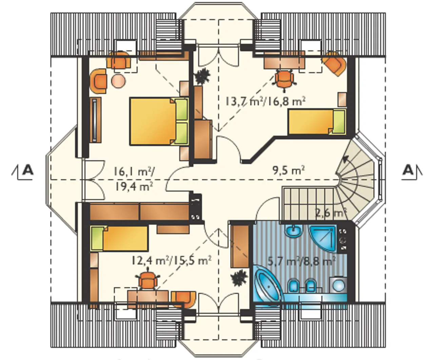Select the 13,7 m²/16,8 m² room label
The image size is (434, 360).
pyautogui.click(x=265, y=102)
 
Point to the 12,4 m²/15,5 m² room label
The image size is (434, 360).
pyautogui.click(x=172, y=261)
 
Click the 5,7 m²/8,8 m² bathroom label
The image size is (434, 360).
pyautogui.click(x=302, y=261)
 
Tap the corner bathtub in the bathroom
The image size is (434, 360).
pyautogui.click(x=268, y=283)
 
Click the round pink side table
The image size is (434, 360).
pyautogui.click(x=118, y=81)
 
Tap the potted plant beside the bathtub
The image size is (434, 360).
pyautogui.click(x=239, y=278)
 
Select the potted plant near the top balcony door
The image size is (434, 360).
pyautogui.click(x=202, y=76)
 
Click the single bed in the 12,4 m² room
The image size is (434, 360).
pyautogui.click(x=119, y=238)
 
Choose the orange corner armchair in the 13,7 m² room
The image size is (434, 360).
pyautogui.click(x=334, y=64)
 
